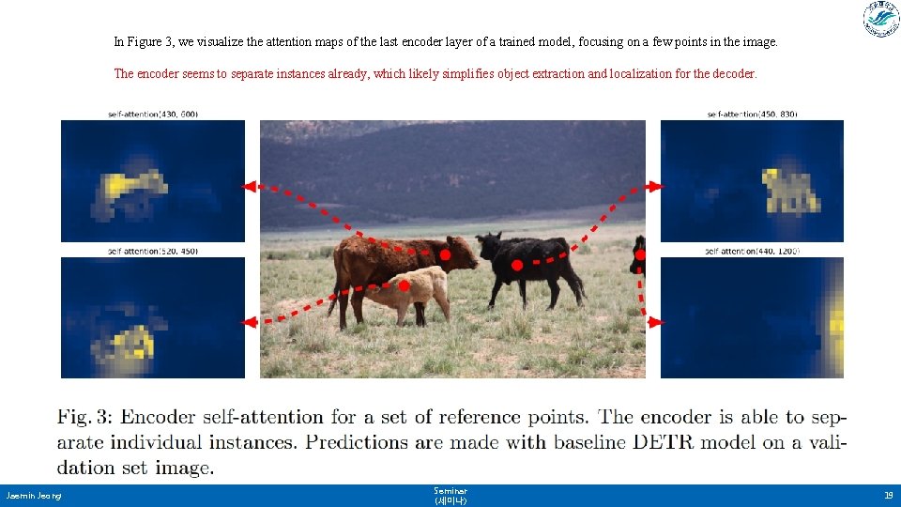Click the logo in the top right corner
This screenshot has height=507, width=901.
pos(880,20)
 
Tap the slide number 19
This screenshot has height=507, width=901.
pos(888,495)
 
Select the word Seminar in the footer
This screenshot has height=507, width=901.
pos(450,491)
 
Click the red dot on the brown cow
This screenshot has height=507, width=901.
pos(445,254)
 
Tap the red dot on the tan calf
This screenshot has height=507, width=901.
pos(404,284)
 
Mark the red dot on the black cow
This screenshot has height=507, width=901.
pos(516,267)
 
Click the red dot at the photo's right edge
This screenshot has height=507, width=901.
pos(640,254)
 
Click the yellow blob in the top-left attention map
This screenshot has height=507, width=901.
pos(127,186)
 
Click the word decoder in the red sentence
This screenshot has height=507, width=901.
pos(733,73)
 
